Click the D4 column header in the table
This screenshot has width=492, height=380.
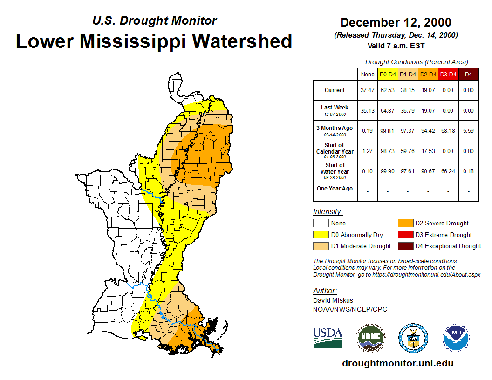469,75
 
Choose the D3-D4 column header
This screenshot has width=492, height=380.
448,75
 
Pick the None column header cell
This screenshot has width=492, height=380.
368,75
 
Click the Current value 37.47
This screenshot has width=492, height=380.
368,90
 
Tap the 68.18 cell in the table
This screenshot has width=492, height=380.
448,131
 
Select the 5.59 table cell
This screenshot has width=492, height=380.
469,131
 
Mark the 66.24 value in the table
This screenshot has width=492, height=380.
448,171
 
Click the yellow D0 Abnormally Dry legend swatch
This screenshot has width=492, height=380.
320,235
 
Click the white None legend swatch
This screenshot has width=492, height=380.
320,224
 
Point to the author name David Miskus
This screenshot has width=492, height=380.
333,300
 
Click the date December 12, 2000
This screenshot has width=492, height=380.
396,22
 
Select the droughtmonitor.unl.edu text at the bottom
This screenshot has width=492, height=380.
397,363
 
